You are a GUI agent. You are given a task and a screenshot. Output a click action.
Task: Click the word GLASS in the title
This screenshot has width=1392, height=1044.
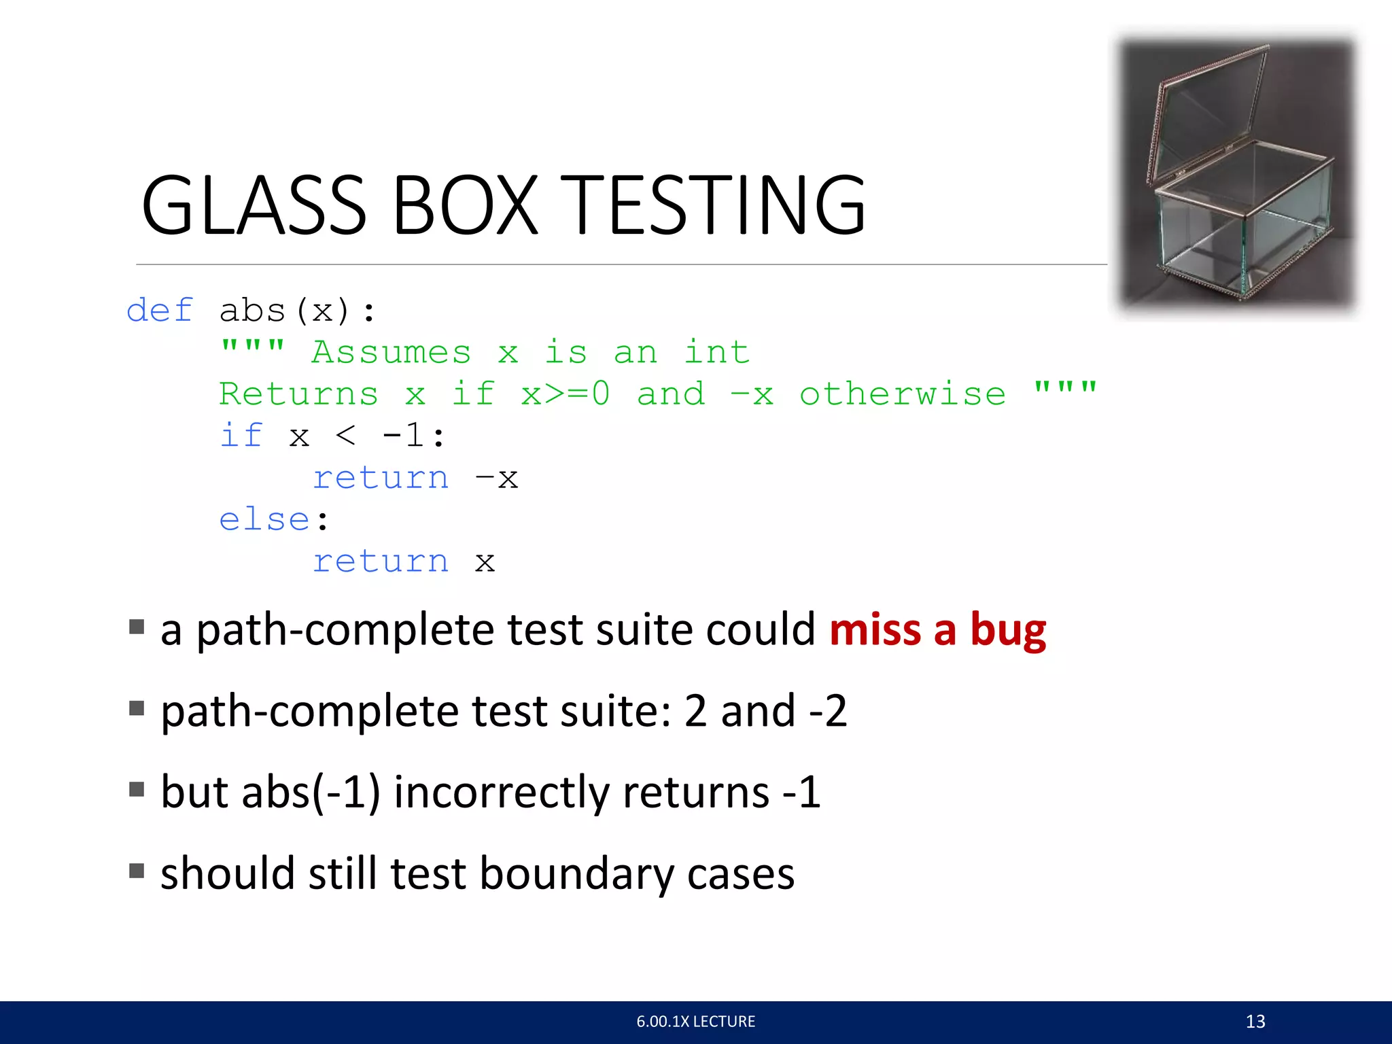254,205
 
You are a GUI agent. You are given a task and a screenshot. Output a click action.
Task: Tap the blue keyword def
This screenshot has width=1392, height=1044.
160,311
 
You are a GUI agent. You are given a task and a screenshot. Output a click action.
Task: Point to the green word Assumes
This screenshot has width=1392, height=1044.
391,352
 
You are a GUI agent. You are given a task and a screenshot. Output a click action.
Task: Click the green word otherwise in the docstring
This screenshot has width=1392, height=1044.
902,394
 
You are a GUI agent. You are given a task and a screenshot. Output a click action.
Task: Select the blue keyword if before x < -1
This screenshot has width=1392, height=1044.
241,436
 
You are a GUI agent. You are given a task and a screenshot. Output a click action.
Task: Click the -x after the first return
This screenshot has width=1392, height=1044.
497,478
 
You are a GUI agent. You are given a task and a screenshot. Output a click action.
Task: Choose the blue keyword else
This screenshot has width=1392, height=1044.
265,520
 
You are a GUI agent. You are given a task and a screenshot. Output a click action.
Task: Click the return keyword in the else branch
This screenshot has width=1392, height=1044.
381,561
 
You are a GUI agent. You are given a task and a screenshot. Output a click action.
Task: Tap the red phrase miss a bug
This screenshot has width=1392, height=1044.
937,629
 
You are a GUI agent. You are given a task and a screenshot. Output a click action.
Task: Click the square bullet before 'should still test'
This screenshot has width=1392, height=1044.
137,871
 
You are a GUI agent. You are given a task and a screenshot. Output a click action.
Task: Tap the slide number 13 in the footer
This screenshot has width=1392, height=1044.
1255,1022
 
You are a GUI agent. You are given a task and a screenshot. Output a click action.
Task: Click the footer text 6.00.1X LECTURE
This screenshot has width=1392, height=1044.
695,1022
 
